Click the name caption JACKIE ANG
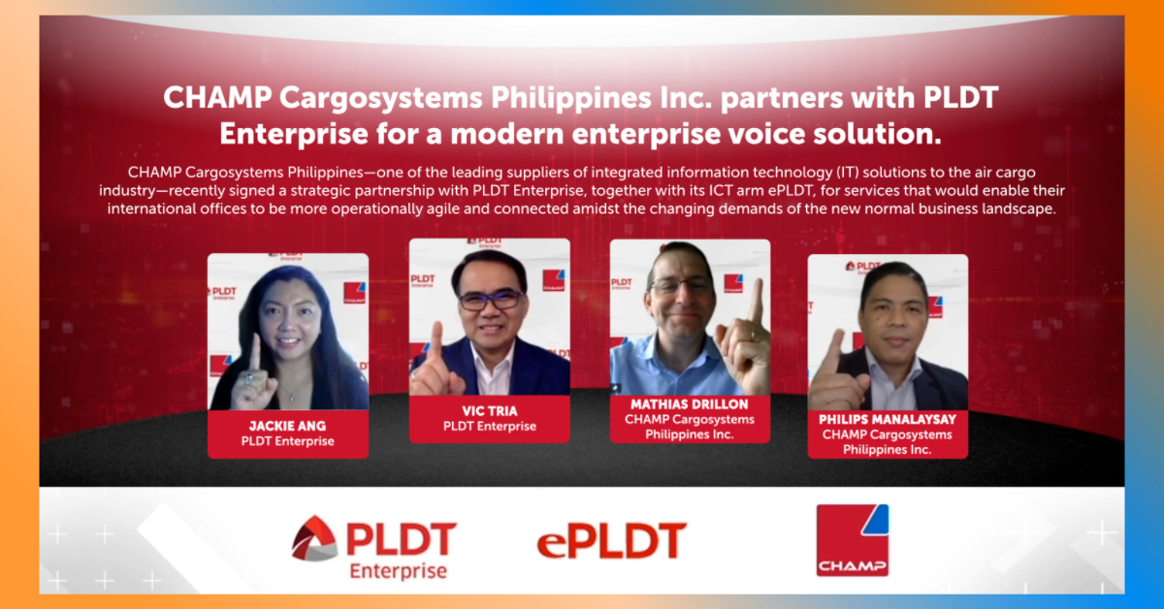tap(287, 426)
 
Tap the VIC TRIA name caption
tap(490, 411)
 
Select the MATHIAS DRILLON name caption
tap(690, 404)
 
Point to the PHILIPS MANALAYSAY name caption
tap(888, 419)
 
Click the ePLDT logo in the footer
tap(612, 541)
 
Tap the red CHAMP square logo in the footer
tap(853, 540)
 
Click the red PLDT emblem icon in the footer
tap(314, 538)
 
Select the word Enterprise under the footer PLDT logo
tap(398, 571)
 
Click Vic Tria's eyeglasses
tap(491, 300)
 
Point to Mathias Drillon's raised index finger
tap(756, 302)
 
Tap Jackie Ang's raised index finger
tap(255, 352)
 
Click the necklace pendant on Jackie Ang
tap(293, 398)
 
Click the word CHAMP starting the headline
tap(217, 97)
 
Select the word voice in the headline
tap(765, 134)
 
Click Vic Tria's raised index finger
tap(437, 342)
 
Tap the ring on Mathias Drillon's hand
tap(752, 336)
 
